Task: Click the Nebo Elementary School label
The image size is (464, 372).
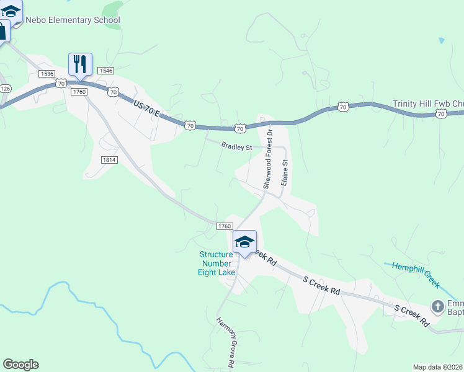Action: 73,20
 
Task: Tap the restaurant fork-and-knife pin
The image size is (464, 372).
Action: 80,64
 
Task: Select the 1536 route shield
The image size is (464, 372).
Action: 47,74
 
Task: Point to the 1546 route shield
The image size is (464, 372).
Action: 105,71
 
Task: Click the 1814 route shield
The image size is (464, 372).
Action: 109,159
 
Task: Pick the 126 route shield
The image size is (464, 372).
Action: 5,89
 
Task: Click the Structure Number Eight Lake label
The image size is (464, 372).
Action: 216,263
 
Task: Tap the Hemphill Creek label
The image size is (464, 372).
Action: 416,273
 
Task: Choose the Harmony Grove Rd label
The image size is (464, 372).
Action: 224,343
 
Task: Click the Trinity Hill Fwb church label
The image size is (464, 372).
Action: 428,104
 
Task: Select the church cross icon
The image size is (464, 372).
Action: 438,306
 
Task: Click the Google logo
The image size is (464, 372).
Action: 20,365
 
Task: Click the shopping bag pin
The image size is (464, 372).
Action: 2,31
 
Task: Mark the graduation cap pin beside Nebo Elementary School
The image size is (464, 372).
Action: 11,11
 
